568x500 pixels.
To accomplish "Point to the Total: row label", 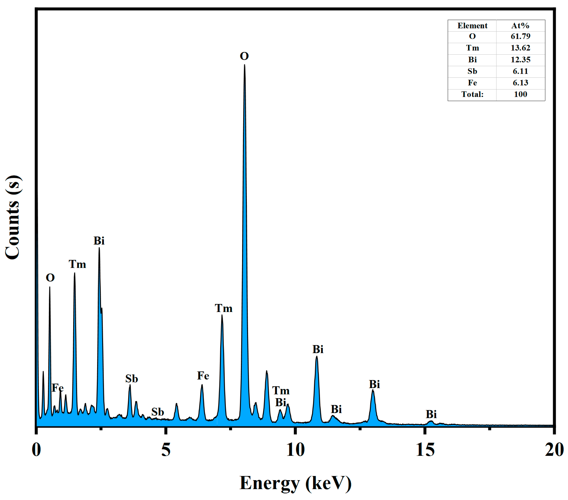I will pos(472,94).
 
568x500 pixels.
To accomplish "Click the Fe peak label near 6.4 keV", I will pos(203,376).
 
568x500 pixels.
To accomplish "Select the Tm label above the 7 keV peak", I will pos(223,309).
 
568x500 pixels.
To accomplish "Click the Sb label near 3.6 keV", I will pos(131,379).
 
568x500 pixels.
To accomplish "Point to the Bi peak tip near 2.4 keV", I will pos(99,248).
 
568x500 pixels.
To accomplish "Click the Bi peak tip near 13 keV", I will pos(373,390).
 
